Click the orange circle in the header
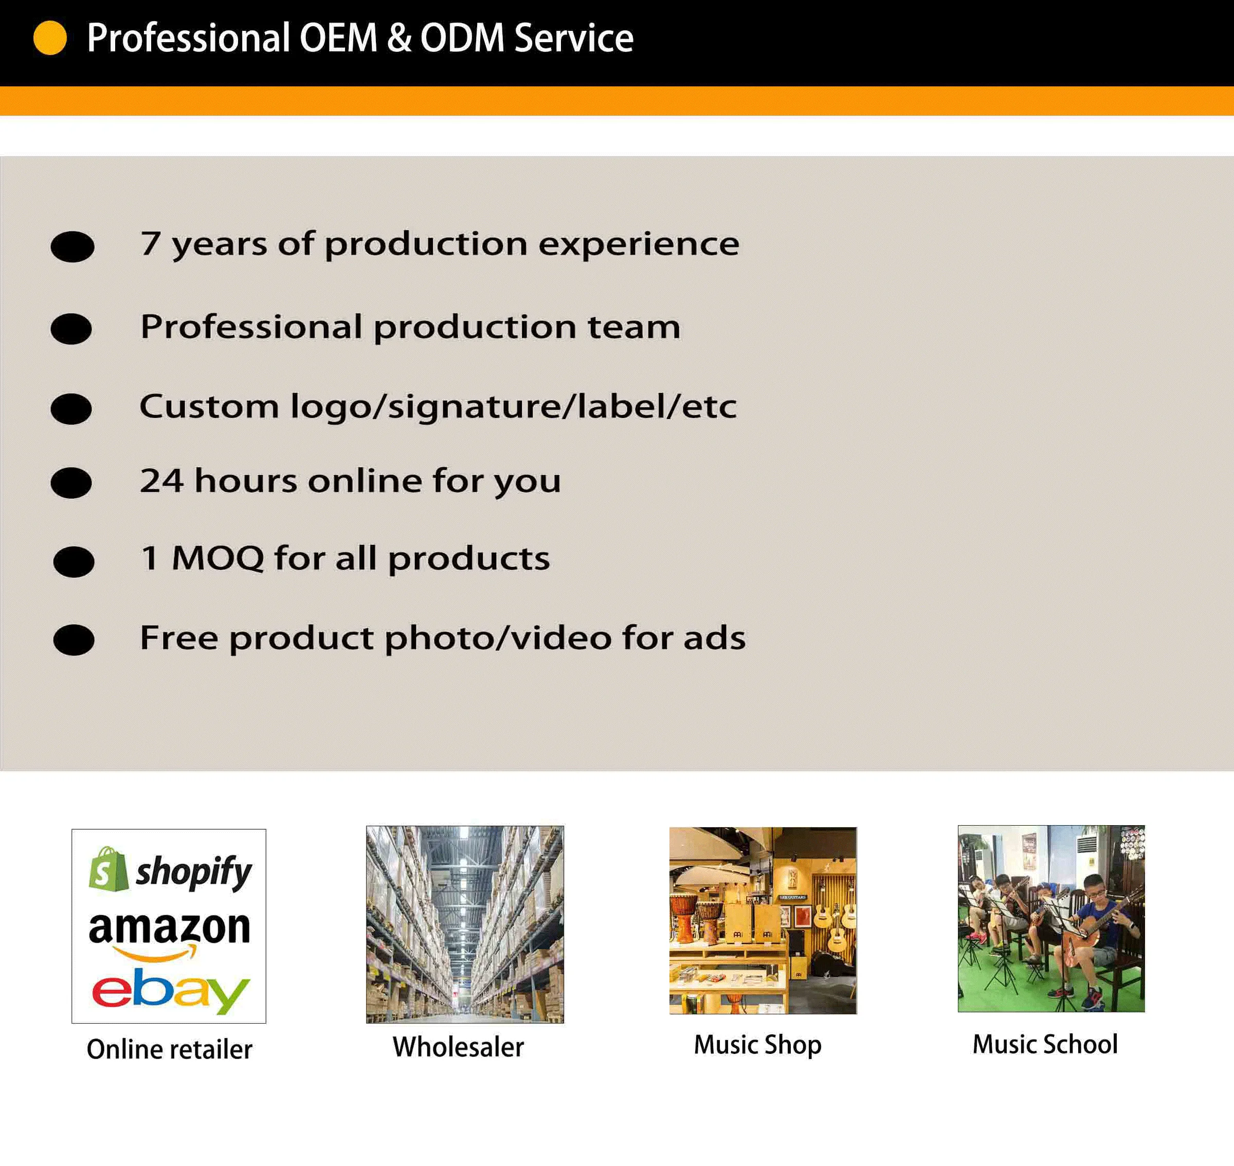(50, 38)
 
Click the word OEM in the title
(338, 38)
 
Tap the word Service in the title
(574, 38)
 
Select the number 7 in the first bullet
(151, 243)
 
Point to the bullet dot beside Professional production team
(71, 329)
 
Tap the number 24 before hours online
(161, 481)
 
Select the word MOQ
(217, 558)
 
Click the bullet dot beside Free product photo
(74, 640)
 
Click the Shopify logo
(170, 869)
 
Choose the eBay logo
(171, 991)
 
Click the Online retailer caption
(170, 1049)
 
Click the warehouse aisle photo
(465, 924)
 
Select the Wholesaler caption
(458, 1047)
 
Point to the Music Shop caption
(758, 1045)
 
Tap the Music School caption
(1045, 1044)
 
